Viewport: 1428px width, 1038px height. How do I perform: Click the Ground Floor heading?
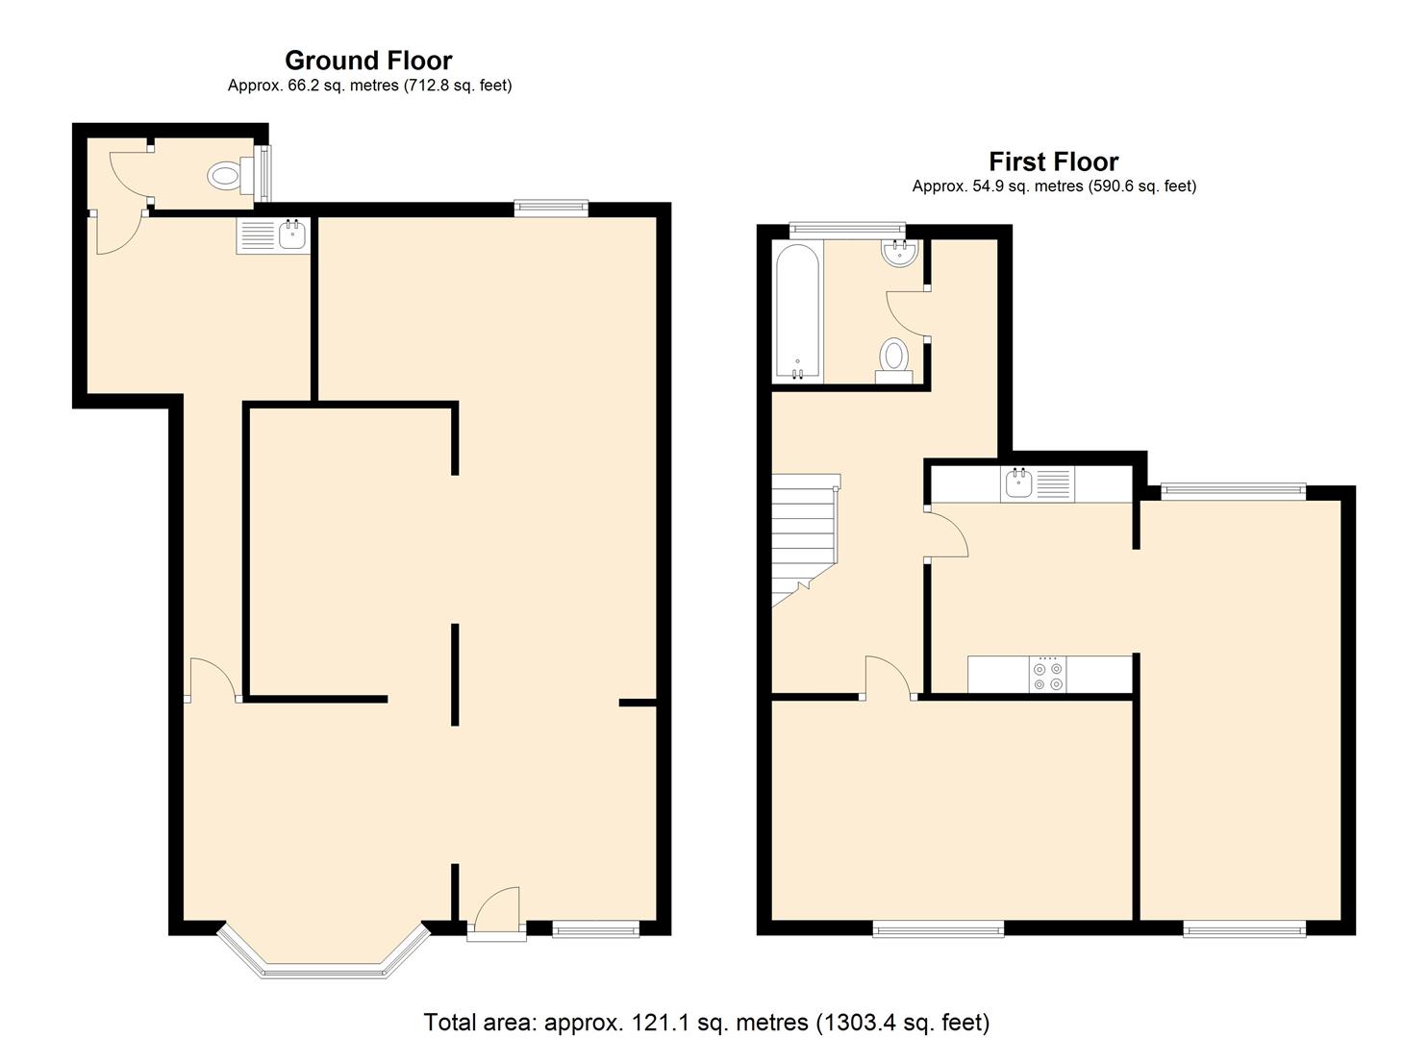pyautogui.click(x=368, y=61)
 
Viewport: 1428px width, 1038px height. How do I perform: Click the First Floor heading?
pyautogui.click(x=1053, y=161)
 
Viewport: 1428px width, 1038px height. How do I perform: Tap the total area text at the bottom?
pyautogui.click(x=706, y=1022)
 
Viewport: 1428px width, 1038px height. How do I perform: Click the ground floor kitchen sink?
pyautogui.click(x=272, y=235)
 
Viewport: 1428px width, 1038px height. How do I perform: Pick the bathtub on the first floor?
pyautogui.click(x=797, y=311)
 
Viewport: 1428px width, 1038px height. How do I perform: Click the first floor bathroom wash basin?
pyautogui.click(x=900, y=252)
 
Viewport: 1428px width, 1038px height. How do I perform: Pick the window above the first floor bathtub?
pyautogui.click(x=847, y=229)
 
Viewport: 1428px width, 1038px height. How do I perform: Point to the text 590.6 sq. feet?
pyautogui.click(x=1140, y=186)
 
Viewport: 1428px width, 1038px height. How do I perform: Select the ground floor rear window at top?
pyautogui.click(x=550, y=206)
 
